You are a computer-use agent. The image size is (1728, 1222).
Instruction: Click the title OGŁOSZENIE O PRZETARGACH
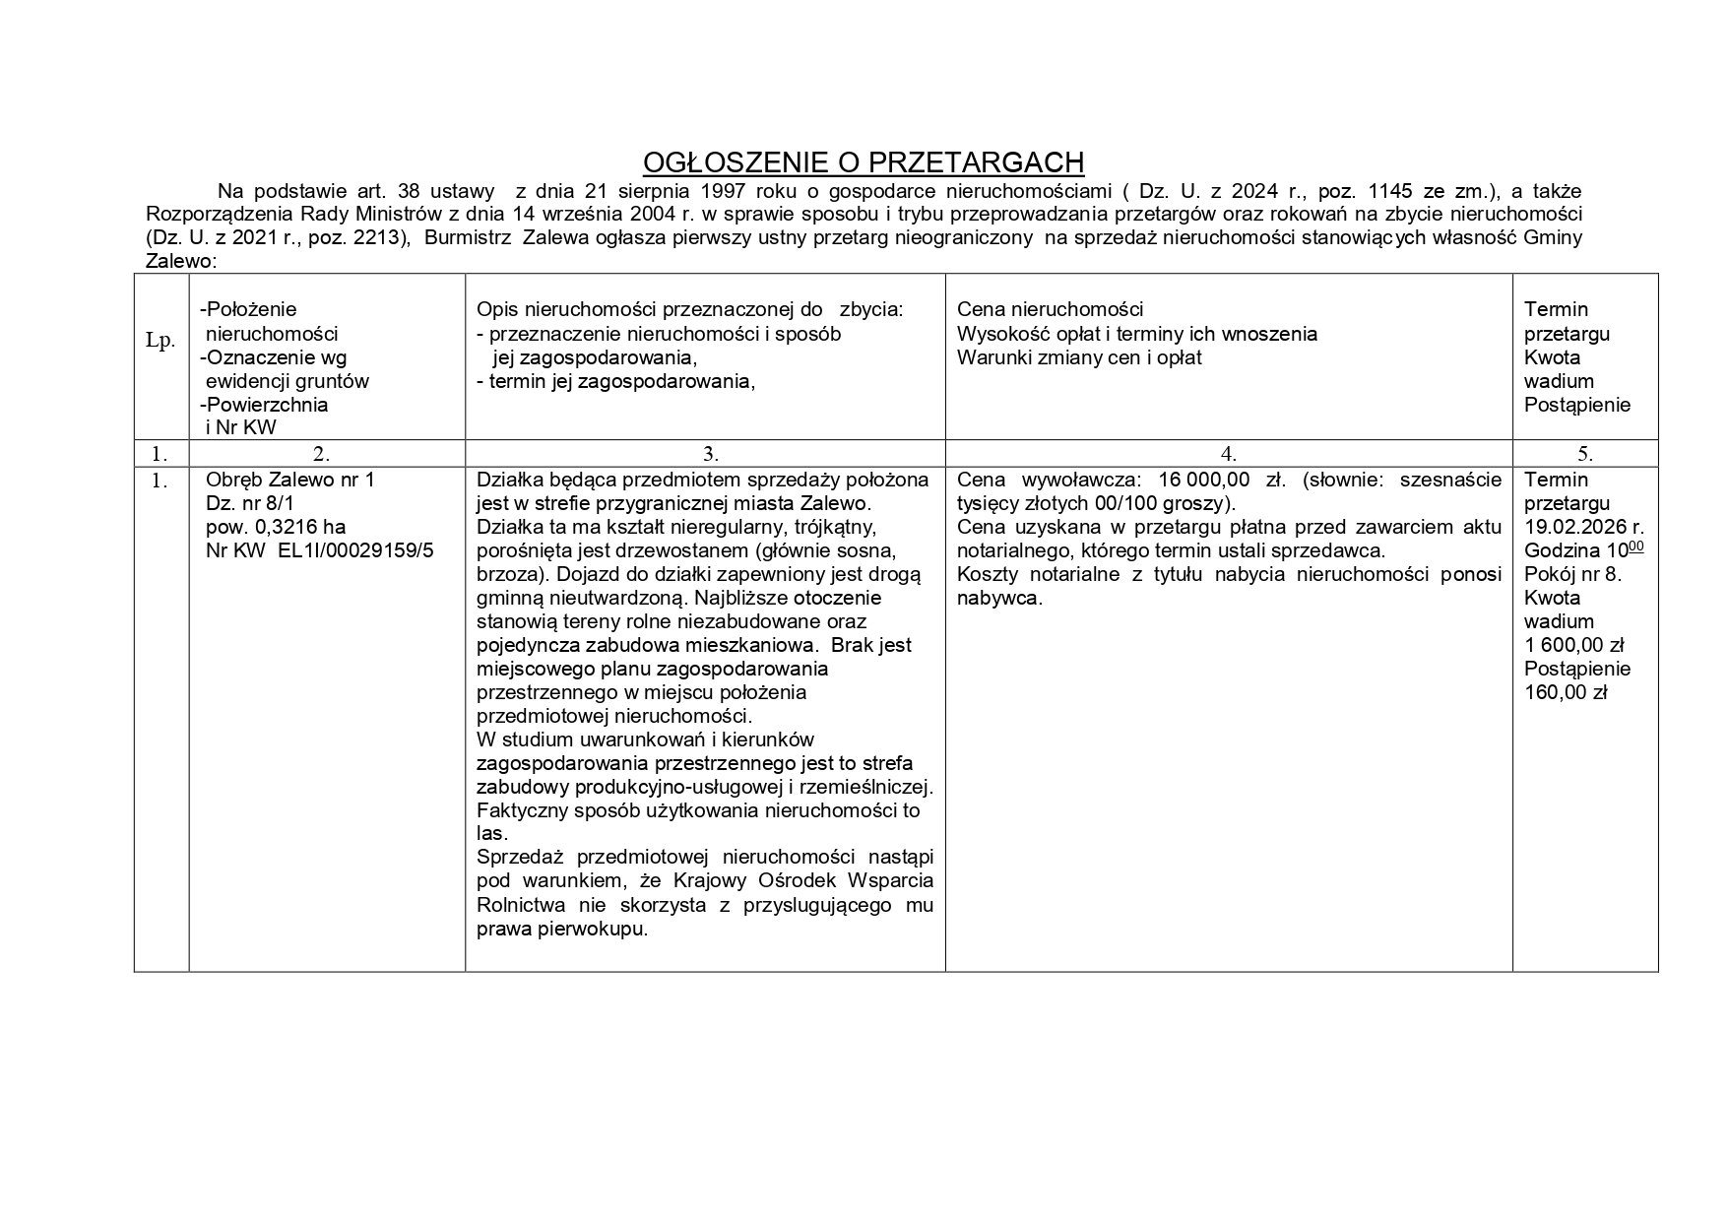[x=863, y=162]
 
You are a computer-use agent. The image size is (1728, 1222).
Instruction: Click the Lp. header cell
[x=160, y=341]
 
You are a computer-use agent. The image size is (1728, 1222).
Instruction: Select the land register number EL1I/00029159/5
[x=350, y=550]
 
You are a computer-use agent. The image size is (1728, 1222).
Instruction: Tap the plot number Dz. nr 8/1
[x=250, y=503]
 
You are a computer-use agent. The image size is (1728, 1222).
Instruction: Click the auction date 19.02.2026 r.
[x=1583, y=527]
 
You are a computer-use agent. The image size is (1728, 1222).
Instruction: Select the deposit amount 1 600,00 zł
[x=1573, y=645]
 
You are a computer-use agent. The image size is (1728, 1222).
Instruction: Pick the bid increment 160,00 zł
[x=1566, y=692]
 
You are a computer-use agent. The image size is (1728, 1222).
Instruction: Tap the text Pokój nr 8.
[x=1571, y=574]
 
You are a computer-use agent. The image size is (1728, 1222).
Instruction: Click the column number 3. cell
[x=710, y=454]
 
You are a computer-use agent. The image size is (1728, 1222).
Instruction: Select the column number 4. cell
[x=1228, y=454]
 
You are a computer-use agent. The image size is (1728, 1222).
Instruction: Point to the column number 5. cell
[x=1584, y=454]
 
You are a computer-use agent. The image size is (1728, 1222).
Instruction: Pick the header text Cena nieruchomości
[x=1050, y=309]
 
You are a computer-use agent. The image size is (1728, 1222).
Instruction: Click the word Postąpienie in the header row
[x=1576, y=405]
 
